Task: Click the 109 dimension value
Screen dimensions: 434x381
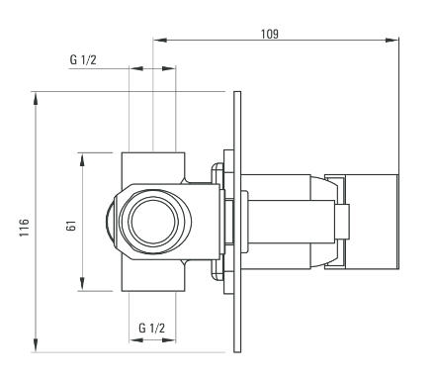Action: [x=270, y=34]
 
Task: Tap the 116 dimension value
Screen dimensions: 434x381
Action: [x=24, y=227]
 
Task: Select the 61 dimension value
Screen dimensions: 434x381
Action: [x=71, y=226]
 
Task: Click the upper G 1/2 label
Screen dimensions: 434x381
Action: [x=83, y=59]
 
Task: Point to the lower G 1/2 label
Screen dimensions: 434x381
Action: [x=151, y=328]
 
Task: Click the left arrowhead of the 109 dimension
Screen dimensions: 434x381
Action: [x=159, y=41]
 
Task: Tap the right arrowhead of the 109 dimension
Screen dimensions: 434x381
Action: [x=392, y=41]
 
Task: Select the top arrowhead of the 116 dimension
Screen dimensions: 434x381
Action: [x=36, y=98]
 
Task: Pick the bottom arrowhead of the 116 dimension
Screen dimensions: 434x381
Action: [x=36, y=345]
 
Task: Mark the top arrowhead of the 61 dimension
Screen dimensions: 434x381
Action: [x=82, y=159]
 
